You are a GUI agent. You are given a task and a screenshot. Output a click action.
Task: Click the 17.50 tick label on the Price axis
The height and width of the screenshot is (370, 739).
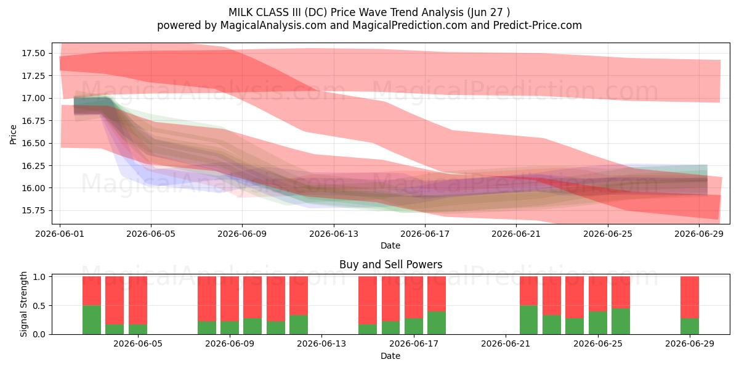(33, 53)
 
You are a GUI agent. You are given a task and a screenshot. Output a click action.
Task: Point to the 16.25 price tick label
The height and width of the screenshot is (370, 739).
(33, 166)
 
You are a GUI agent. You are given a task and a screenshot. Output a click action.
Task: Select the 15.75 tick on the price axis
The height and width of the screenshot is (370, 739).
(33, 211)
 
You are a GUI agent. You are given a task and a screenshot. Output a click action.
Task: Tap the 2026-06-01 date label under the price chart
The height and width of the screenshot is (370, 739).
(60, 234)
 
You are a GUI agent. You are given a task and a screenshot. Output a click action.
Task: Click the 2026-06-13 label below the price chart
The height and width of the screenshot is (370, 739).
(334, 234)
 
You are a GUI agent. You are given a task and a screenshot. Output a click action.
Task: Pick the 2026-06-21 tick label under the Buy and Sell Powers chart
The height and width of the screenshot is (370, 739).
(506, 344)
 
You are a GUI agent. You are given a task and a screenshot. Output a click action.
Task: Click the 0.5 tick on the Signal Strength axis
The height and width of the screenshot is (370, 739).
(39, 306)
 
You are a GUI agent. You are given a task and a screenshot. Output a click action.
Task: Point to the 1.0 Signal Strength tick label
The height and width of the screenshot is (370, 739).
(39, 277)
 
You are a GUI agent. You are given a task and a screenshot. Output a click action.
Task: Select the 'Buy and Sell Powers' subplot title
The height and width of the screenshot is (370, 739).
(390, 265)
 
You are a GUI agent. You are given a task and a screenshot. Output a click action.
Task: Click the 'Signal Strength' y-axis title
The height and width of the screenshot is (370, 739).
(23, 304)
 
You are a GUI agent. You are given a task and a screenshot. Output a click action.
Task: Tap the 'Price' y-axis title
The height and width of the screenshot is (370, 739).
(13, 134)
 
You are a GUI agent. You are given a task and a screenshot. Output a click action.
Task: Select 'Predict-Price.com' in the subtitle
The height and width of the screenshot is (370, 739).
(538, 25)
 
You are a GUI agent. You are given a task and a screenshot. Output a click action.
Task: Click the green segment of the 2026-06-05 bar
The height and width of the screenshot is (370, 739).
(138, 329)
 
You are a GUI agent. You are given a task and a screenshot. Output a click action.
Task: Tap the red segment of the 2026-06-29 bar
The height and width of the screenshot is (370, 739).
(690, 297)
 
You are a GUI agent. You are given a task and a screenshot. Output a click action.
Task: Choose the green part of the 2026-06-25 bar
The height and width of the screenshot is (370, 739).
(598, 323)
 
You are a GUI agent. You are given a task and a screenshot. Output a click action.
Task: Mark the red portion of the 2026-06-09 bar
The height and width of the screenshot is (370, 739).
(230, 299)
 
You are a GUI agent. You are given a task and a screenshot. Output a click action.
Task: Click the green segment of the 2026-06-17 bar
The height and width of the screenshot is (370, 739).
(414, 326)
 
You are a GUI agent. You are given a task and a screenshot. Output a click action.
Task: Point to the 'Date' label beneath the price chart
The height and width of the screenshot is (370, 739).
(390, 246)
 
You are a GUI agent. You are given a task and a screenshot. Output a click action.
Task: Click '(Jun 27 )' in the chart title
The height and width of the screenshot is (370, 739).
(488, 12)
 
